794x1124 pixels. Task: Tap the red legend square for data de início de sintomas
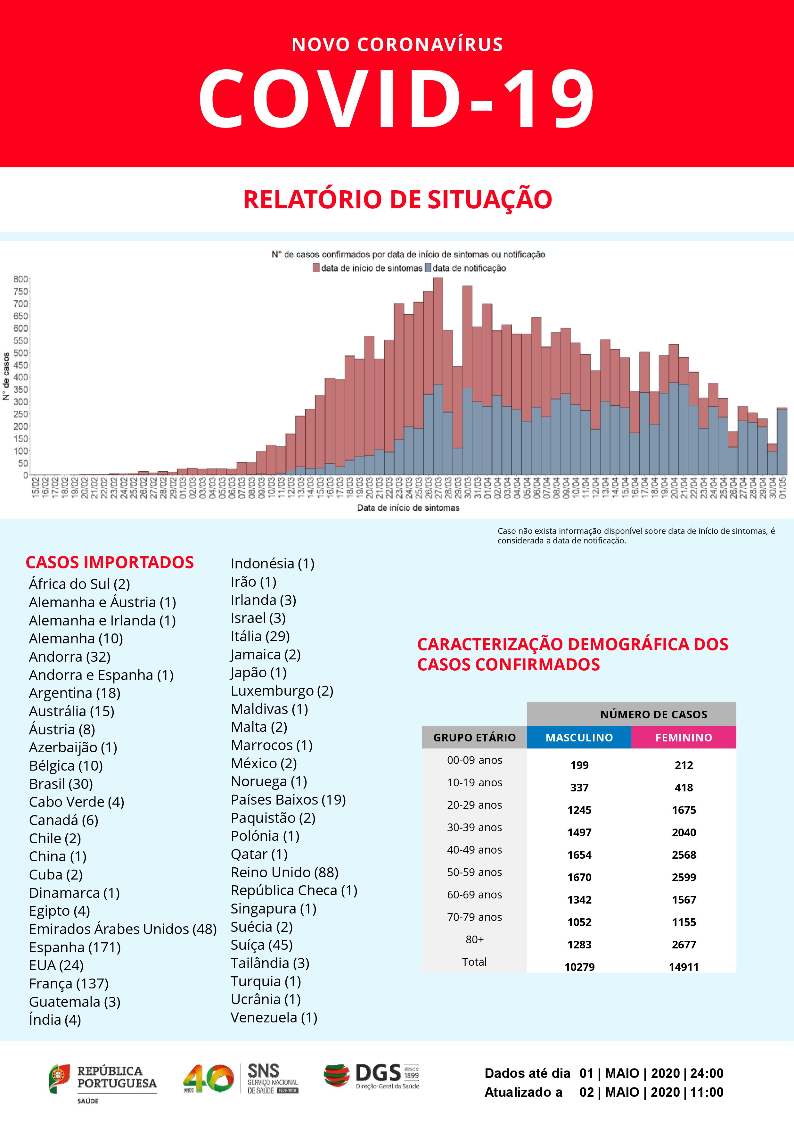[x=316, y=268]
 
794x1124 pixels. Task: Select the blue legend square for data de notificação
[x=428, y=268]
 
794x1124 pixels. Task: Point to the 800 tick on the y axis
[x=20, y=279]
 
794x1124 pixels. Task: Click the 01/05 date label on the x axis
[x=783, y=488]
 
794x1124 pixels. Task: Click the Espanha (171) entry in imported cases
[x=74, y=947]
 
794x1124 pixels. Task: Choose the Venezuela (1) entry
[x=274, y=1017]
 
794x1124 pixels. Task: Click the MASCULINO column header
[x=579, y=737]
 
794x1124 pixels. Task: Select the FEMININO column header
[x=683, y=737]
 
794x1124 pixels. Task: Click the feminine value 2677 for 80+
[x=683, y=944]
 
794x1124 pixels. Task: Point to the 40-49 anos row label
[x=474, y=849]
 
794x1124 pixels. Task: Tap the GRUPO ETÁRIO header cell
[x=474, y=737]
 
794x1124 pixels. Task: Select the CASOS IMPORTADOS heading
[x=110, y=562]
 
